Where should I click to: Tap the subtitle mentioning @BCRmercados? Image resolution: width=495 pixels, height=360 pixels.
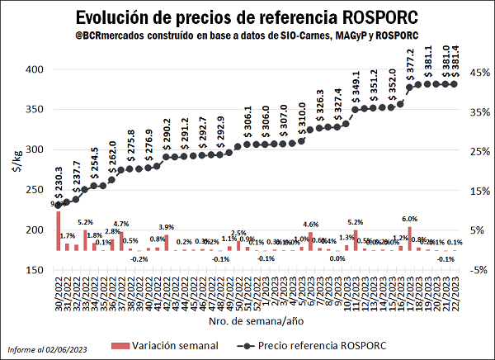pyautogui.click(x=247, y=37)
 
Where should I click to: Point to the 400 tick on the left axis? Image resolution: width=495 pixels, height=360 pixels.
pyautogui.click(x=33, y=69)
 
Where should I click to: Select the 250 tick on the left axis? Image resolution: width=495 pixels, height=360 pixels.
pyautogui.click(x=33, y=190)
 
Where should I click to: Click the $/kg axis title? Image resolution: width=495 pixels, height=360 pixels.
pyautogui.click(x=14, y=161)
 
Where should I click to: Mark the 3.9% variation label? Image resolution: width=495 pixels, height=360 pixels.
pyautogui.click(x=166, y=227)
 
